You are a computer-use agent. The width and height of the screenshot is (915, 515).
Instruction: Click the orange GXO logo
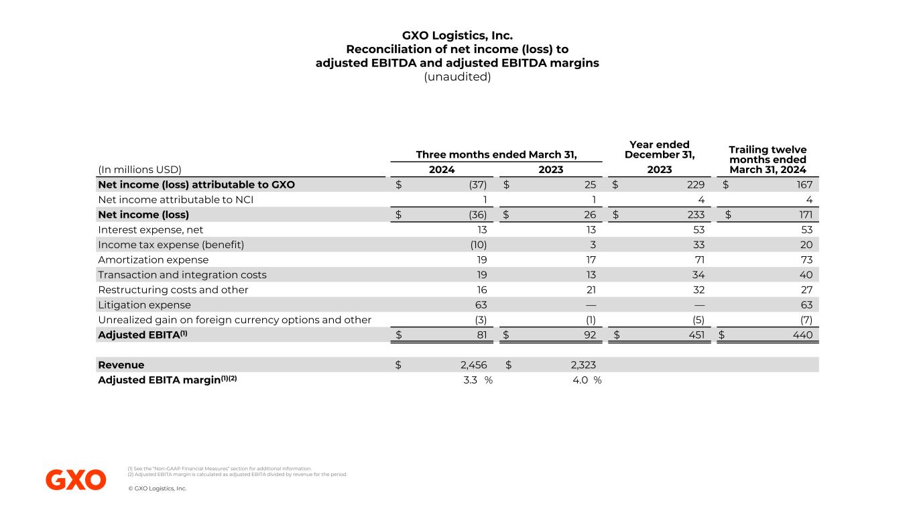(76, 479)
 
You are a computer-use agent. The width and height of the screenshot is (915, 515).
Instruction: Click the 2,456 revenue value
(470, 365)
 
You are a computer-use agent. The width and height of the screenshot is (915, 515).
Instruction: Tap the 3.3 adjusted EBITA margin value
(470, 380)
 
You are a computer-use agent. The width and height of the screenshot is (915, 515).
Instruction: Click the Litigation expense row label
(143, 304)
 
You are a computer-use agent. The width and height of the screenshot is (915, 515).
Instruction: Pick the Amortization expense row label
(154, 260)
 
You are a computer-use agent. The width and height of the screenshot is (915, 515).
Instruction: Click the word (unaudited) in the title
(457, 77)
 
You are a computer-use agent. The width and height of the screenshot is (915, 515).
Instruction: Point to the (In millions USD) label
(140, 170)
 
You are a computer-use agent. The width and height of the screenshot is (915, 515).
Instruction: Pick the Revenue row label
(121, 365)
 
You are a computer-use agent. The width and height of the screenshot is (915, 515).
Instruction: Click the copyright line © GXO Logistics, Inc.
(157, 488)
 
